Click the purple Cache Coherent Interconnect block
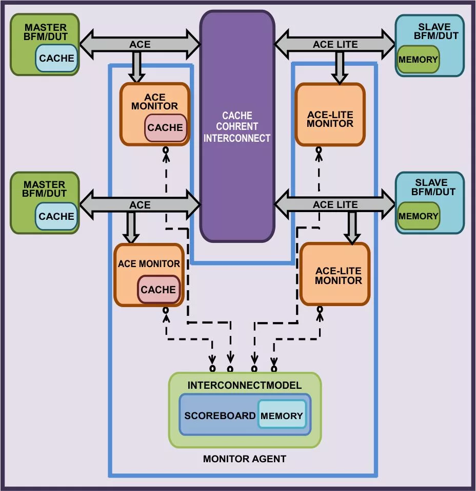click(237, 126)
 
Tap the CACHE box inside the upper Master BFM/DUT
click(56, 58)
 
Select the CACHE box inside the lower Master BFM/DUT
click(56, 216)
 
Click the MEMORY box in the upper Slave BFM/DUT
click(418, 59)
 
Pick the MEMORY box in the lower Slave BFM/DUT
click(418, 216)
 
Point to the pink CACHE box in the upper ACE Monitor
click(165, 128)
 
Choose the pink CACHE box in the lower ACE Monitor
click(158, 290)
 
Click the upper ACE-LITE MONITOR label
click(330, 119)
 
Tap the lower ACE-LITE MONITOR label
click(338, 276)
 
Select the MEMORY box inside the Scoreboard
click(282, 416)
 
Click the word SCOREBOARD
click(220, 416)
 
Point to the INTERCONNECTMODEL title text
click(245, 385)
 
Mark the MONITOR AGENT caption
click(245, 459)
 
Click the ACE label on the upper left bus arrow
click(140, 45)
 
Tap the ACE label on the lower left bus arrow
click(140, 205)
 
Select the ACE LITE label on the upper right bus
click(335, 45)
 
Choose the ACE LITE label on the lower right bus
click(335, 205)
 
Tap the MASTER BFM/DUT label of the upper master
click(45, 31)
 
